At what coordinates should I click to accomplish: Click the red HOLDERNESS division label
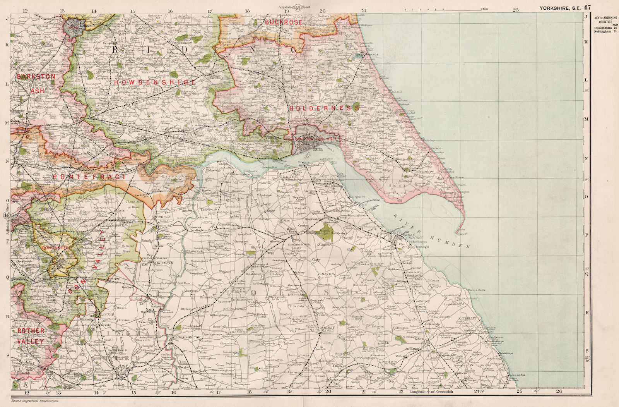[324, 109]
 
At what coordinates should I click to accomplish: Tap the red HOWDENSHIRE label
[155, 82]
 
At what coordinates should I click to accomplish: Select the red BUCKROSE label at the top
[284, 22]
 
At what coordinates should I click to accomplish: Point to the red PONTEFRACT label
[89, 177]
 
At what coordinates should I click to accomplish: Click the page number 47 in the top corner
[588, 7]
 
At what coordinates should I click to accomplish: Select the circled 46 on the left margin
[7, 216]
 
